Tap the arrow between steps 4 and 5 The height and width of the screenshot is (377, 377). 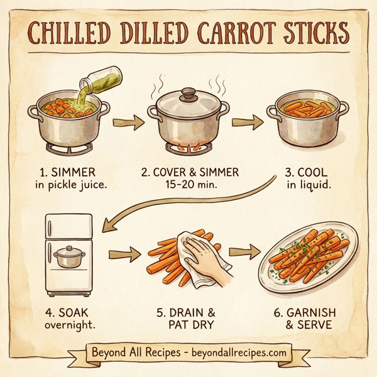click(124, 254)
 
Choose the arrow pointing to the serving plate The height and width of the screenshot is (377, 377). click(245, 252)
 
